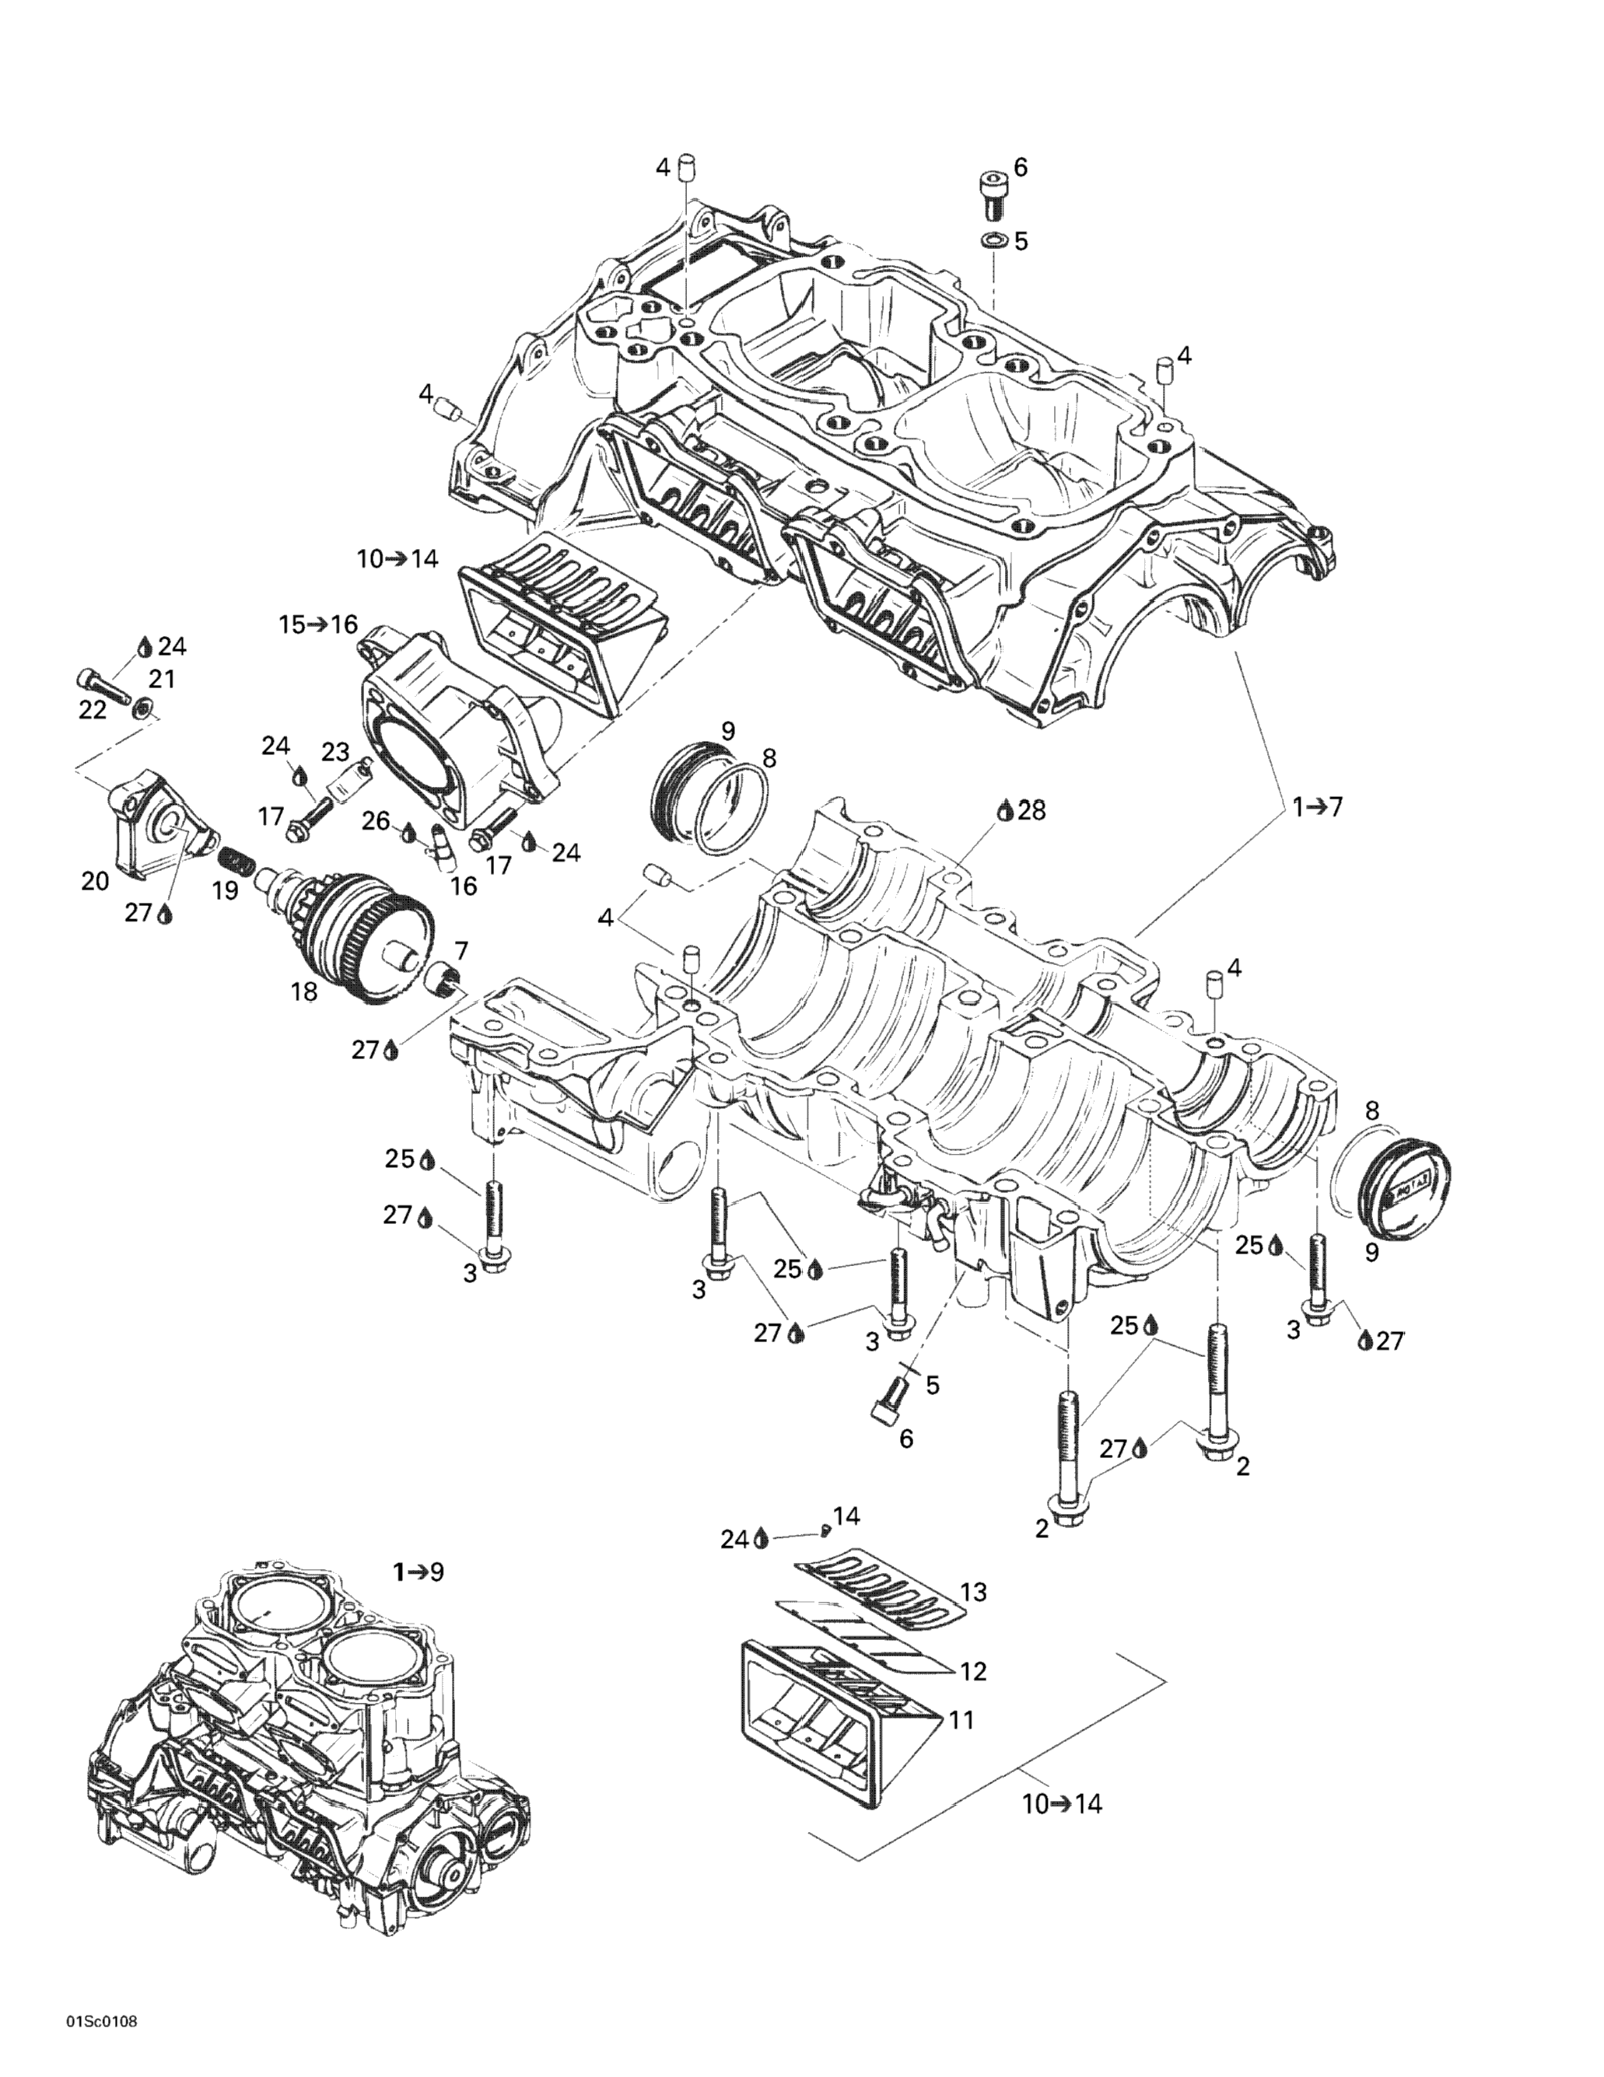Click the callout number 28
coord(1031,810)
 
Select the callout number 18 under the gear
coord(303,992)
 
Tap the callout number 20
coord(95,882)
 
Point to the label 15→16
coord(317,625)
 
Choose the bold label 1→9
coord(419,1572)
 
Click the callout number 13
coord(973,1591)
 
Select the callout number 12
coord(973,1670)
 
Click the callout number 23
coord(335,752)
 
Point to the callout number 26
coord(376,820)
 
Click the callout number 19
coord(226,891)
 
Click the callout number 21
coord(162,679)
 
